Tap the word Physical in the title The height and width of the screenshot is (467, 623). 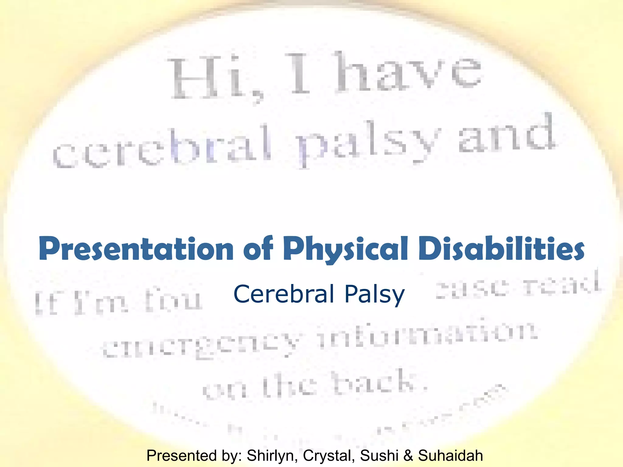pyautogui.click(x=345, y=249)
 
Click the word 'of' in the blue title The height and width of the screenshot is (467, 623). pyautogui.click(x=258, y=249)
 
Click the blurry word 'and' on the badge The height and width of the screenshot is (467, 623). pyautogui.click(x=506, y=135)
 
